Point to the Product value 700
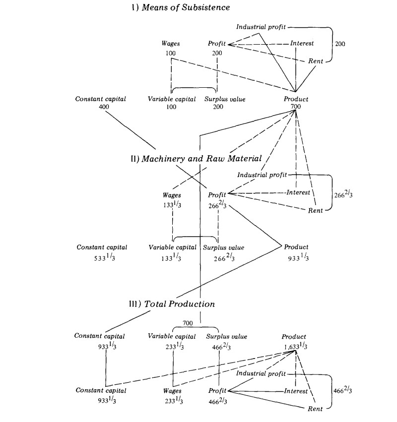point(296,107)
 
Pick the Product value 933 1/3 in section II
point(298,258)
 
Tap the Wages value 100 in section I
point(171,53)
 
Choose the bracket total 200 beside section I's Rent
point(340,44)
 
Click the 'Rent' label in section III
point(315,409)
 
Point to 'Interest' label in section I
point(302,44)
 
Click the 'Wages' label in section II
point(172,195)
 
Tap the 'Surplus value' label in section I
point(225,99)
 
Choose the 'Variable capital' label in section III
point(172,337)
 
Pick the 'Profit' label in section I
point(217,44)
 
